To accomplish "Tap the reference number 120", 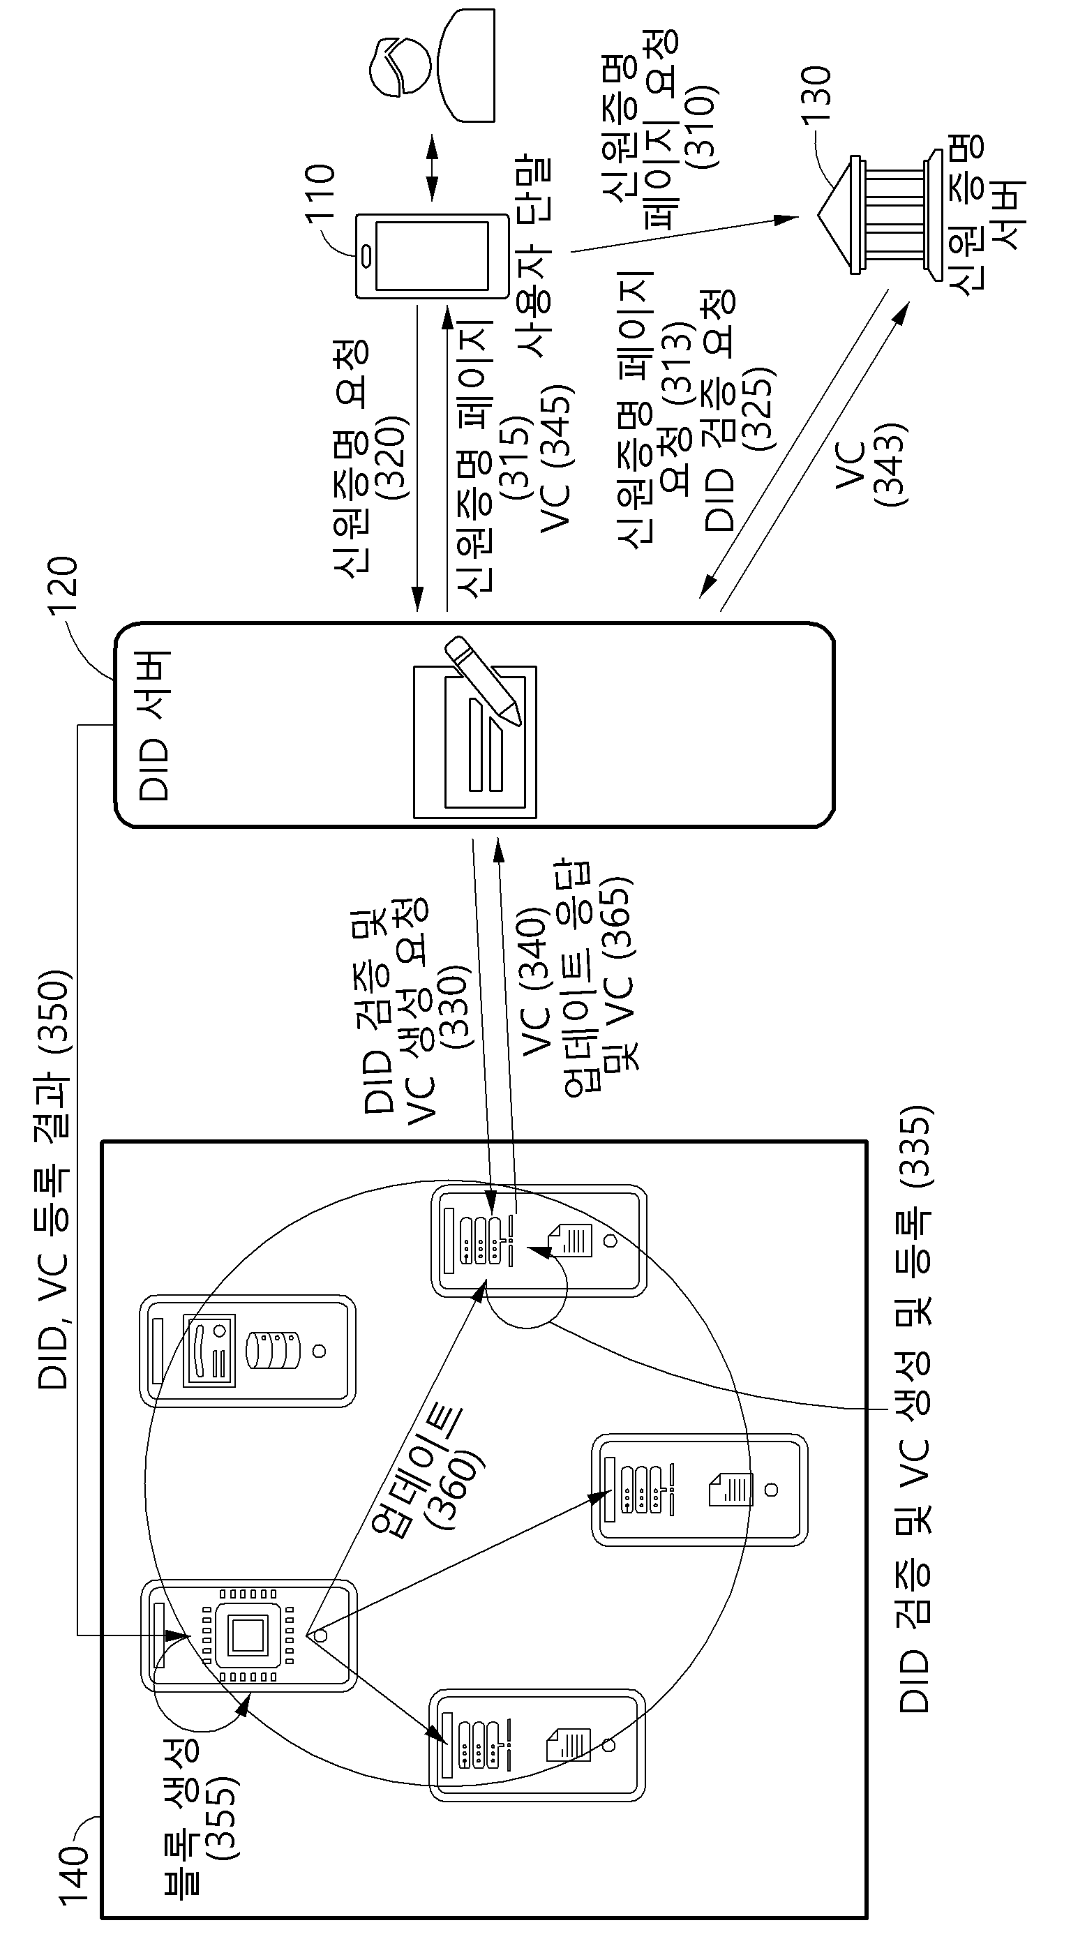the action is (63, 587).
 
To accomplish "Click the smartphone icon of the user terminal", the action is (432, 256).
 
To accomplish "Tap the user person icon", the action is (432, 65).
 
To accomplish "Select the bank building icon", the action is (880, 214).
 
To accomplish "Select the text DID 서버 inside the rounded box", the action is (155, 726).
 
